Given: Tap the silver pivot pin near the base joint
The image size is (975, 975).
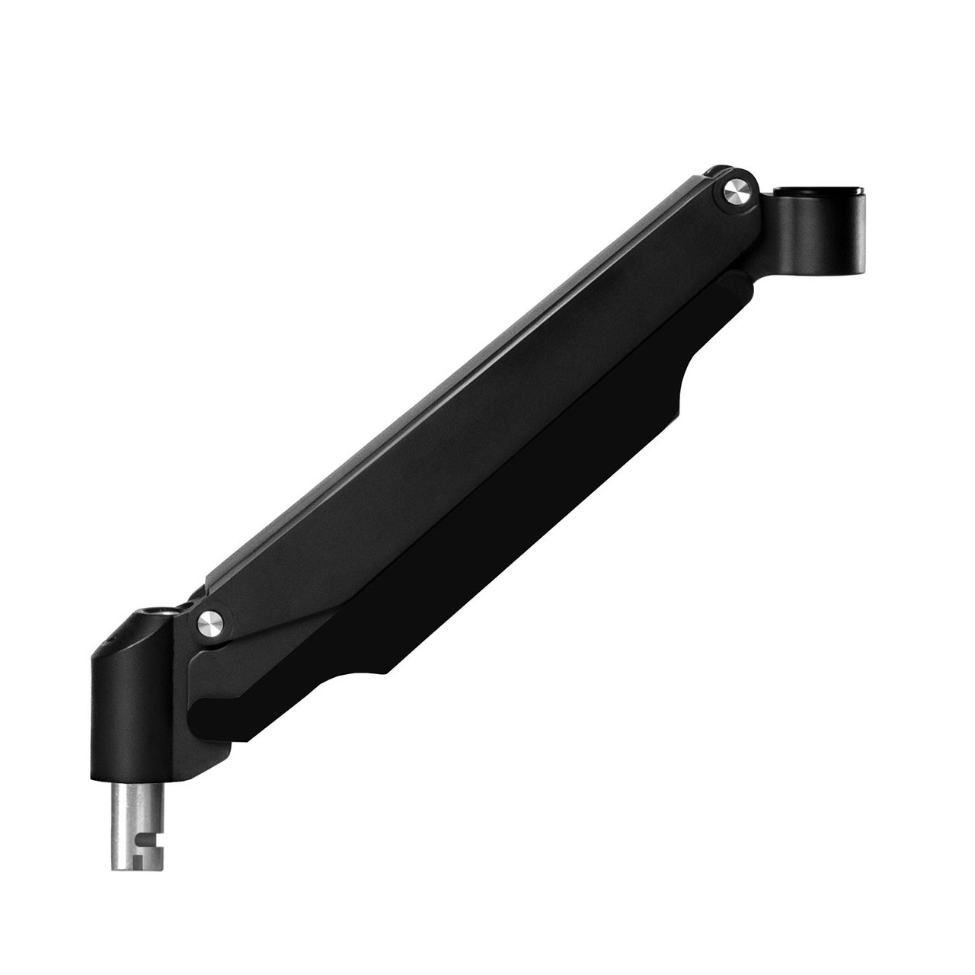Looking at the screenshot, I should (x=210, y=622).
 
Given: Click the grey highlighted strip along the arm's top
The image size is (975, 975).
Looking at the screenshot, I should (x=457, y=381).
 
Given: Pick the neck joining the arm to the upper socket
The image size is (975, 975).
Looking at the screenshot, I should (x=766, y=229).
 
